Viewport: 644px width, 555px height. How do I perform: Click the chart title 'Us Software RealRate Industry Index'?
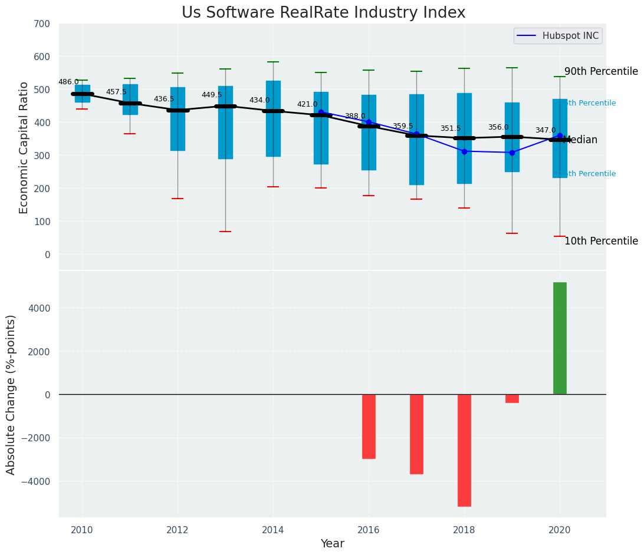point(323,13)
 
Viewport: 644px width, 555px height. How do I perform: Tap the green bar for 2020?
point(560,338)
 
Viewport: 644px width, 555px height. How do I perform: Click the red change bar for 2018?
point(464,450)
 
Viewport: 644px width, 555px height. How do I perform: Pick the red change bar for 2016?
point(369,427)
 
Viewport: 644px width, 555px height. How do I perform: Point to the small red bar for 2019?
point(512,399)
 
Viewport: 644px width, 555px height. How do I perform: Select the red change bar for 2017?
point(416,434)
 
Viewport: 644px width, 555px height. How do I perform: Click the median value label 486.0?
point(68,82)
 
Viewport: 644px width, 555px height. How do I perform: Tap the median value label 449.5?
point(212,95)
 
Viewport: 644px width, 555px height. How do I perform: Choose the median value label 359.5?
point(403,127)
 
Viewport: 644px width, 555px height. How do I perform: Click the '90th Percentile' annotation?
point(601,72)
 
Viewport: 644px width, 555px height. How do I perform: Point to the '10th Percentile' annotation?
point(601,242)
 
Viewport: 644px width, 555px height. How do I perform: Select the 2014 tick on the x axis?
point(273,530)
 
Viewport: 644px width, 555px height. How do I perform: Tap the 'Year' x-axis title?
point(333,544)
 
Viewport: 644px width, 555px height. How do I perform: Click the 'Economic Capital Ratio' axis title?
point(24,147)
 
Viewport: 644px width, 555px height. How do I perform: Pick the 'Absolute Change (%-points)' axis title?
point(11,394)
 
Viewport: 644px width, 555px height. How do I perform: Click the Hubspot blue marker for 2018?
point(464,151)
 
